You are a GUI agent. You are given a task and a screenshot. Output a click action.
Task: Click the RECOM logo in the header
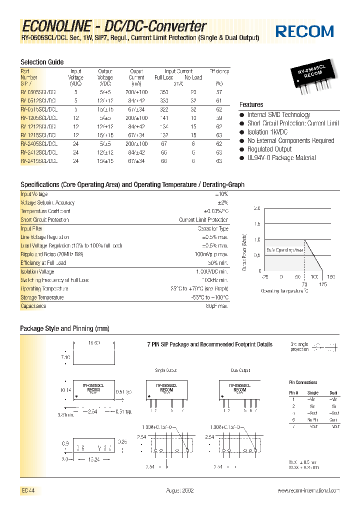click(305, 31)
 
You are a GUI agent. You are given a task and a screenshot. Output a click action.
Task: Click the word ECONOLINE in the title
click(56, 26)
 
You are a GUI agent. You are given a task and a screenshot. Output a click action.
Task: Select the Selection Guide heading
click(42, 62)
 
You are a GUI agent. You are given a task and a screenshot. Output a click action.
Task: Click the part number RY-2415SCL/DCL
click(39, 161)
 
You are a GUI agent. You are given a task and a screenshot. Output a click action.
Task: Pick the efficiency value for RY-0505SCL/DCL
click(219, 92)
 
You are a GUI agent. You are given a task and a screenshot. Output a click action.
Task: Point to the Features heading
click(251, 104)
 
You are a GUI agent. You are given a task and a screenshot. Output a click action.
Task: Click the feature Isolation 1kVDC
click(267, 132)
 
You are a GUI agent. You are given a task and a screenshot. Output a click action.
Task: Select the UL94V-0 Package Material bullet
click(281, 157)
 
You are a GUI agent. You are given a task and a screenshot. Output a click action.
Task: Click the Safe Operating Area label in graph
click(284, 249)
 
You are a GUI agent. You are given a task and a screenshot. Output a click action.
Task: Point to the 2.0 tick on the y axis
click(257, 208)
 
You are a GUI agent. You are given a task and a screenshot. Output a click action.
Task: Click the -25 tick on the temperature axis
click(264, 276)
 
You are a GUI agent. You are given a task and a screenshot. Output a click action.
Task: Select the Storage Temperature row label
click(42, 297)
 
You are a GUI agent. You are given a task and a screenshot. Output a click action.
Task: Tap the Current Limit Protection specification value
click(203, 220)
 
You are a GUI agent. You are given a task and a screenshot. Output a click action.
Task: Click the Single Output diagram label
click(166, 370)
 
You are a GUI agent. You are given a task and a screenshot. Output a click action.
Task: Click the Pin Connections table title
click(303, 382)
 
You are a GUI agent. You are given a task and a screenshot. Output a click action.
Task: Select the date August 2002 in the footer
click(180, 491)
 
